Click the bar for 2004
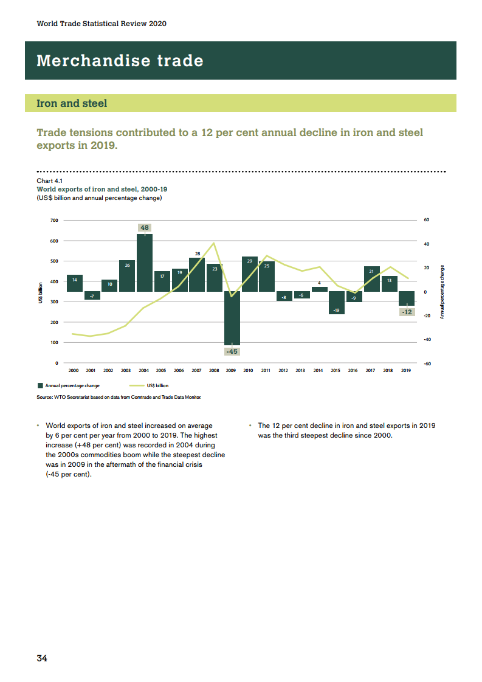point(144,263)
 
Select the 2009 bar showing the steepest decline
point(232,318)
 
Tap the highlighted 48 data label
point(144,228)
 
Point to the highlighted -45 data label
point(232,351)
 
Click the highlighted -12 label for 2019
point(407,312)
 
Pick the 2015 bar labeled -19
point(336,302)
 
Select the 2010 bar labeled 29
point(249,274)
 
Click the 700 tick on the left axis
point(55,220)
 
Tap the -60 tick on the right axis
point(427,363)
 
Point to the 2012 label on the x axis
point(283,370)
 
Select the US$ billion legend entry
point(157,385)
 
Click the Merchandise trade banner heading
point(120,61)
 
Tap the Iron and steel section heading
point(72,103)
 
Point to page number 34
point(42,658)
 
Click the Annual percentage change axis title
point(442,292)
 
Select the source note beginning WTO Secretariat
point(119,398)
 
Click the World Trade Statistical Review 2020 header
point(102,24)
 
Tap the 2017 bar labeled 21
point(371,279)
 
